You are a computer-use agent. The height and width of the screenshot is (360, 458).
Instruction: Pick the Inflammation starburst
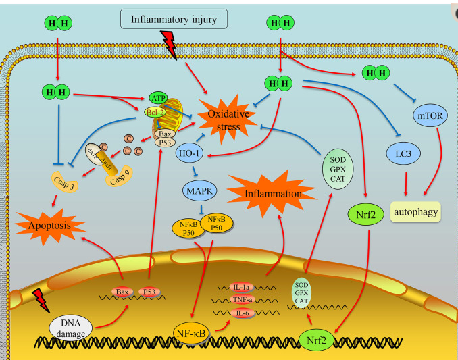274,194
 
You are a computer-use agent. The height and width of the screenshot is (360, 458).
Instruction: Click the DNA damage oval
72,330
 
